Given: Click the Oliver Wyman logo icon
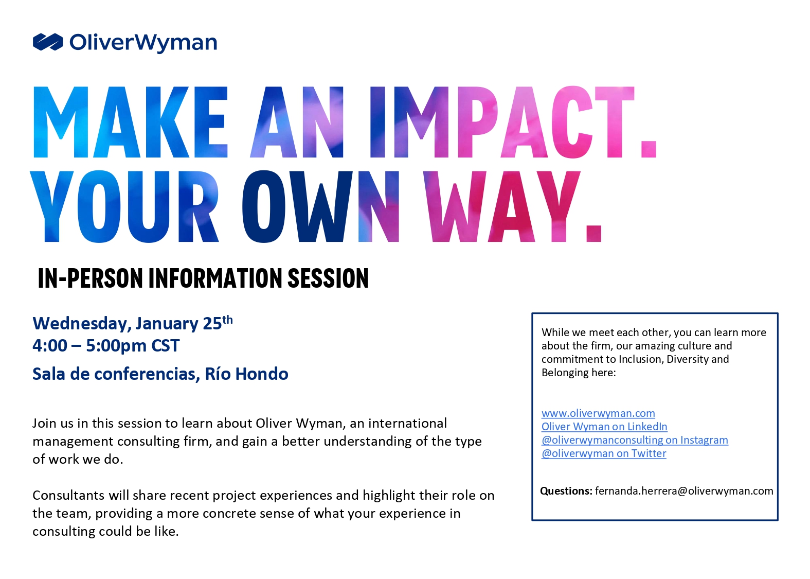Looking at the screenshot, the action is pyautogui.click(x=48, y=42).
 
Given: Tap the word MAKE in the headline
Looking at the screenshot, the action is pyautogui.click(x=130, y=122).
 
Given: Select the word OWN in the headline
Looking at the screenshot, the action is pyautogui.click(x=320, y=206).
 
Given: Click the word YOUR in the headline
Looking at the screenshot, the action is pyautogui.click(x=125, y=206).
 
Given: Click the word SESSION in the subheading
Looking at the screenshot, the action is pyautogui.click(x=328, y=278).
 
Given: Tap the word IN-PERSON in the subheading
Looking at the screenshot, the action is pyautogui.click(x=91, y=278).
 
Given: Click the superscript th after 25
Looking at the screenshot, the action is pyautogui.click(x=227, y=320).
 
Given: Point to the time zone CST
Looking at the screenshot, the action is pyautogui.click(x=165, y=345).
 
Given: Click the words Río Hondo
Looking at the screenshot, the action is pyautogui.click(x=247, y=374).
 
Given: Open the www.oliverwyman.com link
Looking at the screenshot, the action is pyautogui.click(x=598, y=413).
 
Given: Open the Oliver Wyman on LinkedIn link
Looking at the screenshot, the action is pyautogui.click(x=604, y=426).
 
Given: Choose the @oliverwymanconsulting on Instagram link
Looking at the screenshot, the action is pyautogui.click(x=635, y=440).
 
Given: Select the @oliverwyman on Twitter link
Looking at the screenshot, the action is pyautogui.click(x=604, y=453).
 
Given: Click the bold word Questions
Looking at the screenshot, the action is pyautogui.click(x=566, y=491).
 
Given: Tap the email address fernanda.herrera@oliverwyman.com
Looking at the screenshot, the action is pyautogui.click(x=684, y=490).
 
